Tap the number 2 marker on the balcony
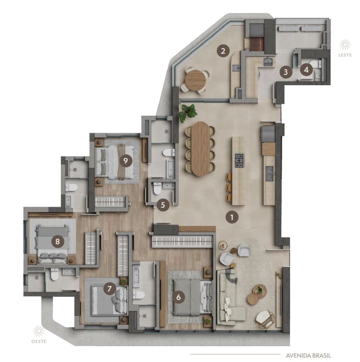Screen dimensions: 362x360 223,51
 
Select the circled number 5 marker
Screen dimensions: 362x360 163,205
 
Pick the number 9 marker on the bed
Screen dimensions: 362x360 125,161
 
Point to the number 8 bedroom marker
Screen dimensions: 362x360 56,241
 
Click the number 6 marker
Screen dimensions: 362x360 178,297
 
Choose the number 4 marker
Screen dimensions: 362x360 306,69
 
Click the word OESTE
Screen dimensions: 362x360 39,341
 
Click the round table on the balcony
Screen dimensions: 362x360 195,80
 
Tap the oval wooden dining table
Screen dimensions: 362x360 200,148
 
